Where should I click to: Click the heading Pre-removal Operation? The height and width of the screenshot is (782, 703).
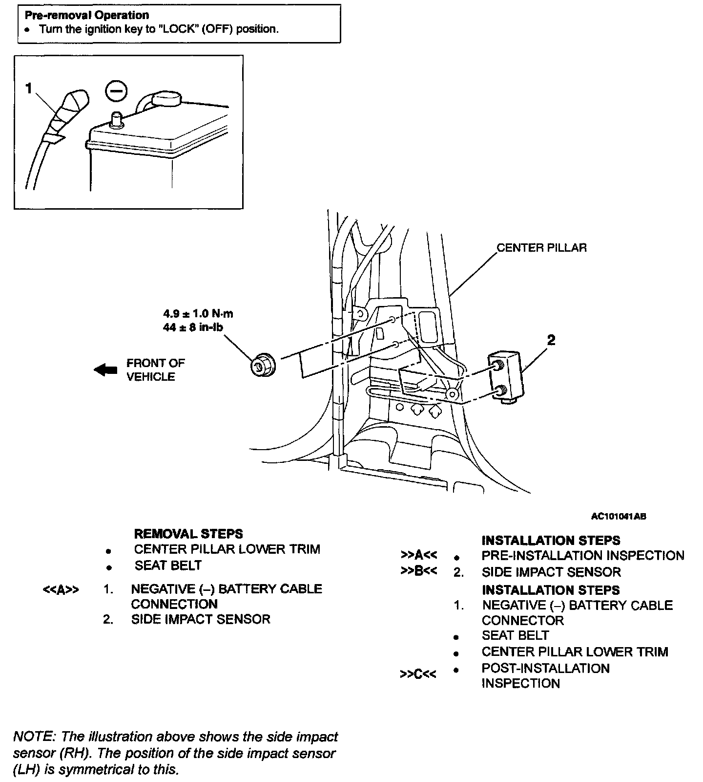pyautogui.click(x=87, y=15)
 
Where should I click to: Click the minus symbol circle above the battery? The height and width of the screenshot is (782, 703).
pyautogui.click(x=116, y=91)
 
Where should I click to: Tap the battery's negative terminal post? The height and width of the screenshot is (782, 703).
pyautogui.click(x=116, y=119)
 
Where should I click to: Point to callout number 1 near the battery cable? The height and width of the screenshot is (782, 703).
pyautogui.click(x=29, y=88)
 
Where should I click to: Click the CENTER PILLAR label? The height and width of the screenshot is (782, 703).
pyautogui.click(x=541, y=248)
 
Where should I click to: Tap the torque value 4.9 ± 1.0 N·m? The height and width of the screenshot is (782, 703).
pyautogui.click(x=198, y=313)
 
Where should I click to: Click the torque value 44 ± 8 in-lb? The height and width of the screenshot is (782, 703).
pyautogui.click(x=192, y=327)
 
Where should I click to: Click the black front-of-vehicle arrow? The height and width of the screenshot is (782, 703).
pyautogui.click(x=105, y=370)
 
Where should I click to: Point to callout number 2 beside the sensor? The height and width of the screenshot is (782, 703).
pyautogui.click(x=551, y=340)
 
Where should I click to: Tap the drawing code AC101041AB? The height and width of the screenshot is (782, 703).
pyautogui.click(x=619, y=516)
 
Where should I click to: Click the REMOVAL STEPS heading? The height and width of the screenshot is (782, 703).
pyautogui.click(x=188, y=534)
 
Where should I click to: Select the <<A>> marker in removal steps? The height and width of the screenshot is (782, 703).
pyautogui.click(x=61, y=590)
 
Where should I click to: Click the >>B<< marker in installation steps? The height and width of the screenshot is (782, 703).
pyautogui.click(x=418, y=571)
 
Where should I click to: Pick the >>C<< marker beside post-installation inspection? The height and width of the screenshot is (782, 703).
pyautogui.click(x=418, y=674)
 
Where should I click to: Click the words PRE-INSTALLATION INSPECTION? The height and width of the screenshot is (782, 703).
pyautogui.click(x=582, y=556)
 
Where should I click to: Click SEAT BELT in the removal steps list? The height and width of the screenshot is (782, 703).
pyautogui.click(x=168, y=565)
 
